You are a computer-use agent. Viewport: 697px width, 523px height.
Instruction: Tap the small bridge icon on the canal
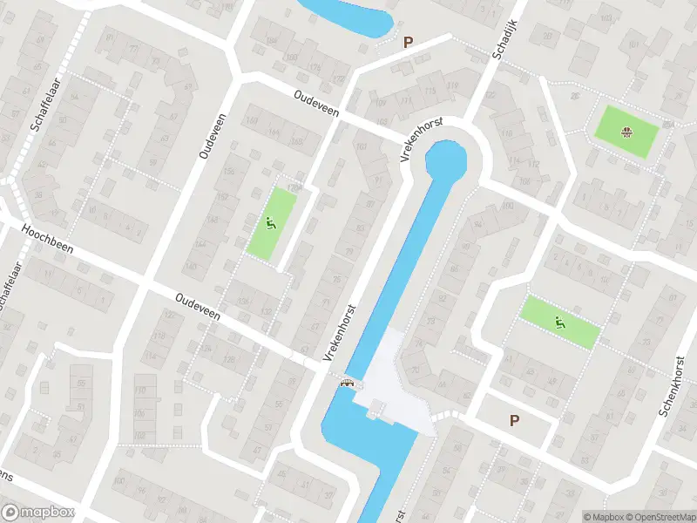tap(348, 381)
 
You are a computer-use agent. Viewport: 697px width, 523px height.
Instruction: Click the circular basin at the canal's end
tap(445, 162)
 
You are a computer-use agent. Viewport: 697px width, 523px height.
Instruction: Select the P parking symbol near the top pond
tap(408, 41)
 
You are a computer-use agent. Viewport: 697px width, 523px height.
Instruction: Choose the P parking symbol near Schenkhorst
tap(515, 420)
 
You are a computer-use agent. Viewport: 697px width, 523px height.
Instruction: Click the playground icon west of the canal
tap(271, 224)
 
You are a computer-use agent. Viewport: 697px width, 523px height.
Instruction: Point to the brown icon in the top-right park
tap(625, 132)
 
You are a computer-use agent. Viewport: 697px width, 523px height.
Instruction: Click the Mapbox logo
tap(38, 513)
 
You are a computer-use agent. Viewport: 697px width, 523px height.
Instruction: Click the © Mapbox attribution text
tap(604, 516)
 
